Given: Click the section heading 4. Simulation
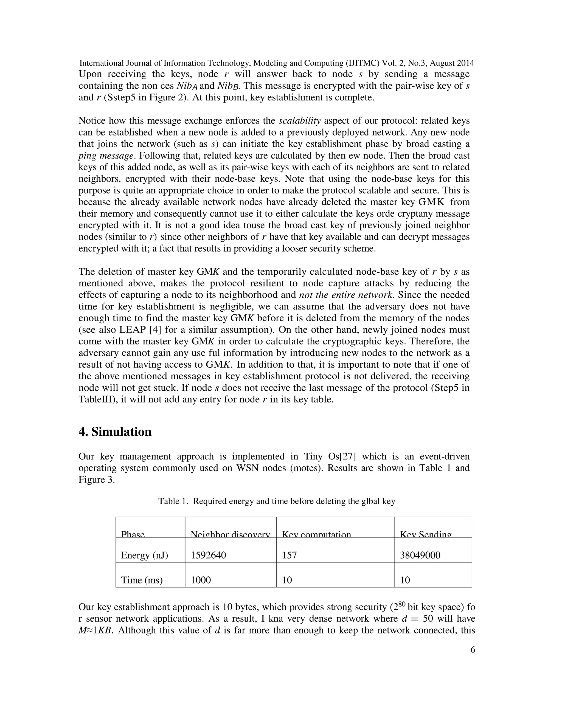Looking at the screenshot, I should coord(115,432).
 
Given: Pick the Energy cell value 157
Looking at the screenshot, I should coord(289,555).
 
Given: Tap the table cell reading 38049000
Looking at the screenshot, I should coord(420,555).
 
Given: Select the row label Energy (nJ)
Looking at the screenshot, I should coord(145,555).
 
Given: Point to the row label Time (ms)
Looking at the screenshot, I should coord(142,580).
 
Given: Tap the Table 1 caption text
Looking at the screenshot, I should coord(276,501).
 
